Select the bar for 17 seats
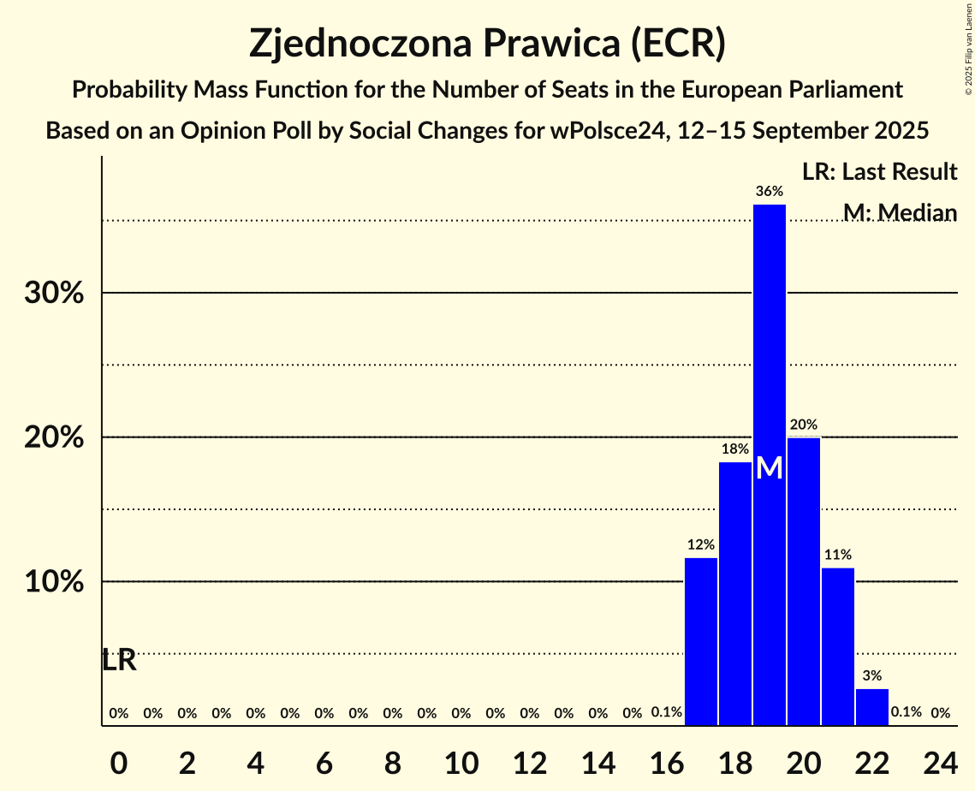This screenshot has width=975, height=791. click(x=701, y=642)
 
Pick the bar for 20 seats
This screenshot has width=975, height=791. click(x=804, y=581)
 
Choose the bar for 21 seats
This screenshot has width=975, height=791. click(x=838, y=646)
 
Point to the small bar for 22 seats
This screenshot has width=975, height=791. click(x=872, y=707)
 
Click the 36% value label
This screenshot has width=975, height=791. click(x=770, y=192)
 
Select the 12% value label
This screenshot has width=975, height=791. click(x=701, y=544)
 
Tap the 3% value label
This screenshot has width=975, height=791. click(x=872, y=675)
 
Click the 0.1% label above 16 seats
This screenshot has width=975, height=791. click(x=667, y=712)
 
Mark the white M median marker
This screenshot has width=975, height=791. click(x=770, y=467)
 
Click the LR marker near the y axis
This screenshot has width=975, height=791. click(x=119, y=661)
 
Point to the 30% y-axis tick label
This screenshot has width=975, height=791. click(x=53, y=294)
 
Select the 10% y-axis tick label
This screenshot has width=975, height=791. click(x=53, y=582)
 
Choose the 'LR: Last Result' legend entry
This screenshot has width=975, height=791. click(x=879, y=172)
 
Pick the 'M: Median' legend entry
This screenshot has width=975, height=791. click(x=899, y=212)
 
